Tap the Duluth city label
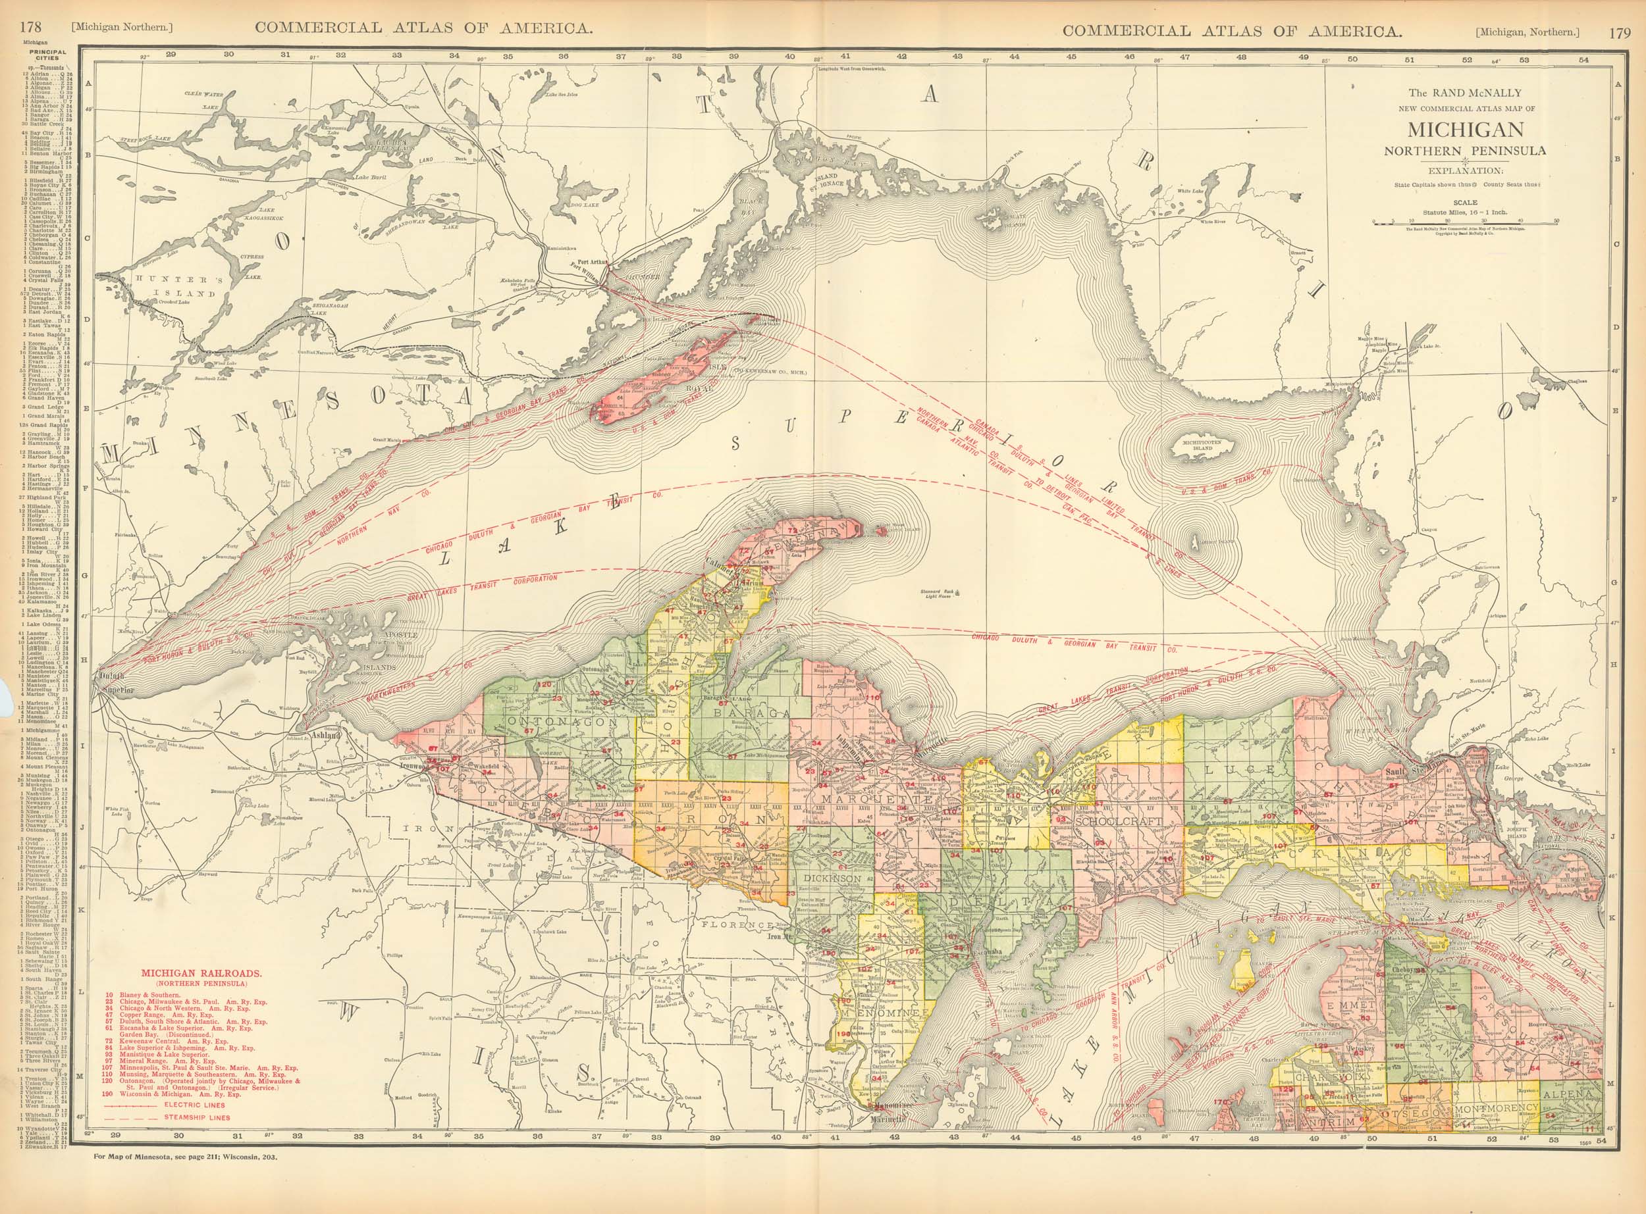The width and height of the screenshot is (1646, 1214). point(113,674)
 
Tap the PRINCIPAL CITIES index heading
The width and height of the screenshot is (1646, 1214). point(46,56)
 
